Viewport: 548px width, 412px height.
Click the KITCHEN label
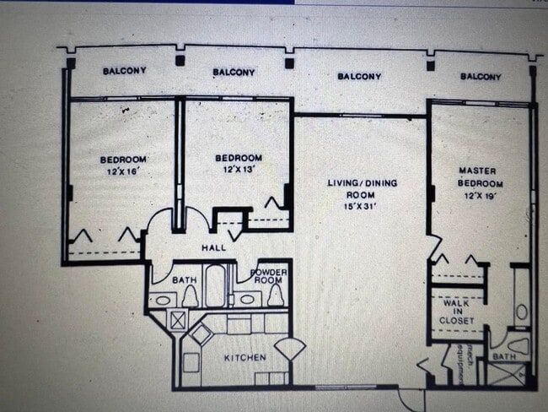coord(244,358)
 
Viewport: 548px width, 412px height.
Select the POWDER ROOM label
coord(269,277)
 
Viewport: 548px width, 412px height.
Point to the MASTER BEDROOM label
coord(477,176)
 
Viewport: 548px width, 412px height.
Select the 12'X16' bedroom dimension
coord(123,171)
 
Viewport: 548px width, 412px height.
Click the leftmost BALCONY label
coord(124,71)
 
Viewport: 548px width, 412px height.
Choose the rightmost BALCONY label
coord(481,76)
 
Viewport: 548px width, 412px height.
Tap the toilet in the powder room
coord(275,295)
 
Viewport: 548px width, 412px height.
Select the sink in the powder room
coord(248,298)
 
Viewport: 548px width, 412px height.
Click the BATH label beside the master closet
coord(504,358)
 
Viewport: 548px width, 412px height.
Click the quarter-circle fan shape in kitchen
coord(290,348)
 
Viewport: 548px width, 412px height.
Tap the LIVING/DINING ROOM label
coord(363,188)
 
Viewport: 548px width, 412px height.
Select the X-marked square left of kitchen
coord(178,320)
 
